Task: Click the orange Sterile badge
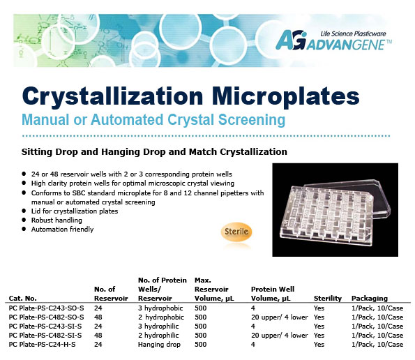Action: tap(236, 232)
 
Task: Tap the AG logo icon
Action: tap(291, 40)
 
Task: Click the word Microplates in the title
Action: tap(285, 96)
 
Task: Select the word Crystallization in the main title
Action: tap(113, 96)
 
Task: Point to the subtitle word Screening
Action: tap(252, 119)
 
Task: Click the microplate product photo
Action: tap(335, 209)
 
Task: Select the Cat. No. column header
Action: tap(23, 299)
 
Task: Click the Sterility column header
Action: tap(328, 299)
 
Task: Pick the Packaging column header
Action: tap(370, 299)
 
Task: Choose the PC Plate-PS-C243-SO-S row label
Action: tap(46, 308)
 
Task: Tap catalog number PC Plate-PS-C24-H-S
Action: tap(42, 345)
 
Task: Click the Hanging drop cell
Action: tap(159, 345)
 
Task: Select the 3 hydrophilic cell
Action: tap(158, 326)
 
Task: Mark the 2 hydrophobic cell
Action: tap(161, 317)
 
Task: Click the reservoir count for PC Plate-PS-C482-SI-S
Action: tap(98, 336)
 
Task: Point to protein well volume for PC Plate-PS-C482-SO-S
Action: tap(280, 317)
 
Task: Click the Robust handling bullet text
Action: tap(56, 220)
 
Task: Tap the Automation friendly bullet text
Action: tap(63, 230)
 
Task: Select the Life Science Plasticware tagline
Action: tap(353, 34)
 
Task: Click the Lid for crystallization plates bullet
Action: tap(75, 211)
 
